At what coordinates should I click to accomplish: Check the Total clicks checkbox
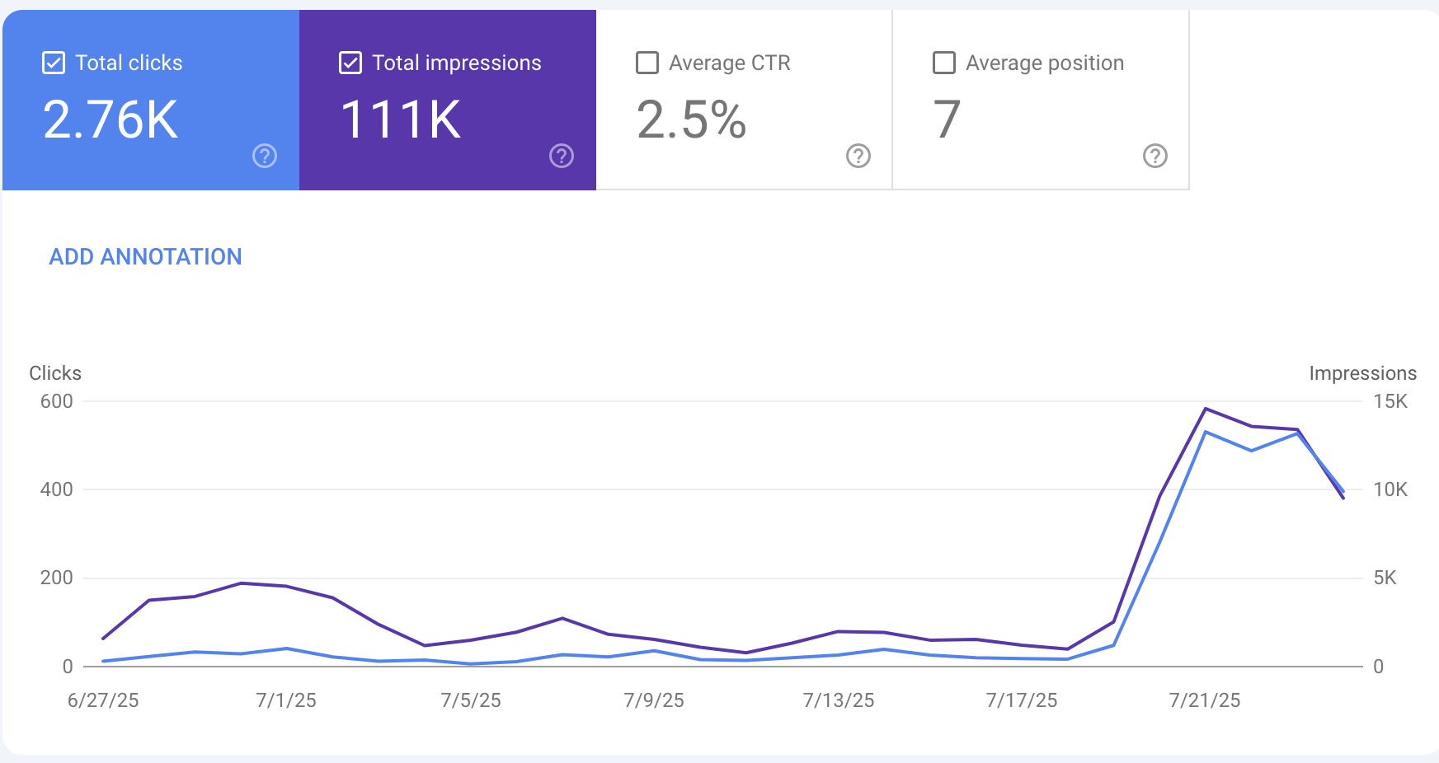[x=54, y=63]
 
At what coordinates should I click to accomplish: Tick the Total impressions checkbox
[x=350, y=63]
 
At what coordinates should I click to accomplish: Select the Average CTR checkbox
[x=647, y=63]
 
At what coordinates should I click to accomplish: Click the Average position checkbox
[x=943, y=63]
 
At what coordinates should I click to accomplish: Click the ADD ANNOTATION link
[x=145, y=257]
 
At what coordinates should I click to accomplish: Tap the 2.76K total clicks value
[x=111, y=120]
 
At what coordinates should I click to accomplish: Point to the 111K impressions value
[x=401, y=120]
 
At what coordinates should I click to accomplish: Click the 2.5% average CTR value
[x=691, y=120]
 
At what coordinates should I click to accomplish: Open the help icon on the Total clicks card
[x=265, y=156]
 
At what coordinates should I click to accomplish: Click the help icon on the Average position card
[x=1154, y=156]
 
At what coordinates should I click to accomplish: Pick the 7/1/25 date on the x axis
[x=286, y=700]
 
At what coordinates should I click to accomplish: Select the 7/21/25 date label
[x=1205, y=700]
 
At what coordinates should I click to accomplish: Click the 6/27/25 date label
[x=103, y=700]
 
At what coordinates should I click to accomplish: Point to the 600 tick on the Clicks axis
[x=56, y=401]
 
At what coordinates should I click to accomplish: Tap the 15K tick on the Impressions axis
[x=1390, y=401]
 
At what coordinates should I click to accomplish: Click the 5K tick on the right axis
[x=1385, y=578]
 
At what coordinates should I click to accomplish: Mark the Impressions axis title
[x=1362, y=373]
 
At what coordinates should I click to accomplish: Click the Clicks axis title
[x=55, y=373]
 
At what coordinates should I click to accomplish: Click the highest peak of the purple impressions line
[x=1206, y=409]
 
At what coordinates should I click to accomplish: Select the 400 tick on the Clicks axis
[x=56, y=489]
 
